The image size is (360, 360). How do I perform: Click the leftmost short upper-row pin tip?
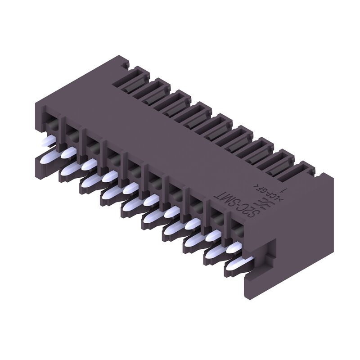pos(46,142)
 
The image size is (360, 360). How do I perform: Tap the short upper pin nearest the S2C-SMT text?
pos(234,247)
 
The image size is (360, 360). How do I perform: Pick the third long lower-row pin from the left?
pos(91,181)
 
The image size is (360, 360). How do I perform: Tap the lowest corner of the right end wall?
pos(247,290)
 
